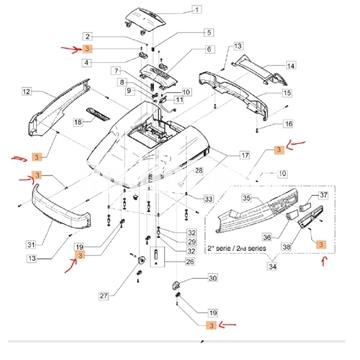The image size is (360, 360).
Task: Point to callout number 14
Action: [290, 66]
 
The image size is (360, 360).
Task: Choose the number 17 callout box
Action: [243, 156]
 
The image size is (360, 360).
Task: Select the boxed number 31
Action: [31, 242]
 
